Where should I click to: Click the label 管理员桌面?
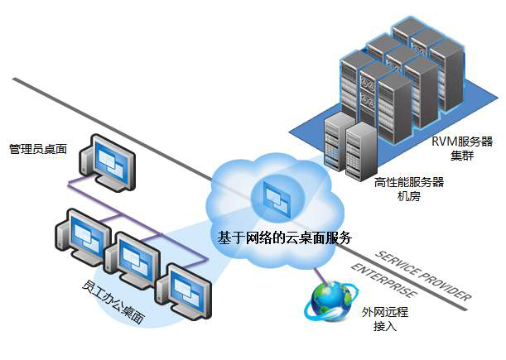(x=38, y=149)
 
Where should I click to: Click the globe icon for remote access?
(x=329, y=301)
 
